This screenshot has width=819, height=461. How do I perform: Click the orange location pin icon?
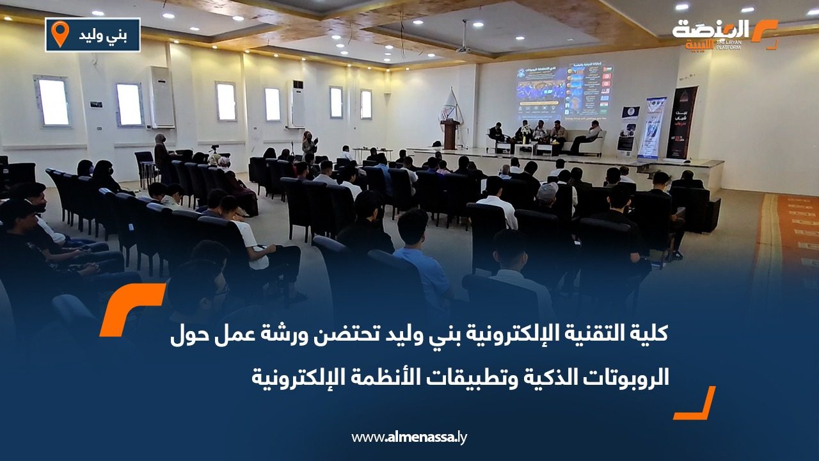pos(60,34)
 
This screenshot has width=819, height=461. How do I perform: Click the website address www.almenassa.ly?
pos(409,437)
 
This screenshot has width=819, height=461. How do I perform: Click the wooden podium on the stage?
pos(450,134)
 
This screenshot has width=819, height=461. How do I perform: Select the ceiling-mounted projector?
pos(463,47)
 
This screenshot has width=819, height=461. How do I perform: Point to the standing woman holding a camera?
pos(308,145)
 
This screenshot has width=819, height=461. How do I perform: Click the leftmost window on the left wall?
pos(53,101)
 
